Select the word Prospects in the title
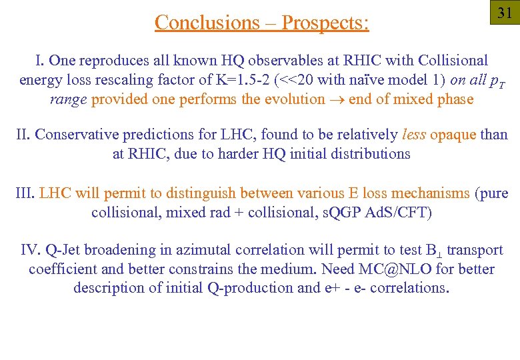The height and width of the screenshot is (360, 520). [x=324, y=23]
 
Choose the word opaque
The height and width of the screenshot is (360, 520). [x=453, y=135]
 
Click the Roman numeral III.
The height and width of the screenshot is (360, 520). [x=25, y=194]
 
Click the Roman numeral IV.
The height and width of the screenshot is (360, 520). [x=31, y=251]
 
